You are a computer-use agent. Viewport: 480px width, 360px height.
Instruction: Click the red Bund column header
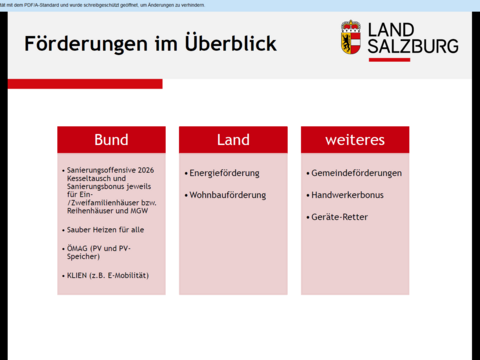[111, 140]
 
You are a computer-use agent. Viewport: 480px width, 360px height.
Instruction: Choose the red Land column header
[233, 140]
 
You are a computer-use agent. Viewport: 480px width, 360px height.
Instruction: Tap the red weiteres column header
[355, 140]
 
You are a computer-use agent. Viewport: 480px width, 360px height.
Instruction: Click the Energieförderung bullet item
[224, 173]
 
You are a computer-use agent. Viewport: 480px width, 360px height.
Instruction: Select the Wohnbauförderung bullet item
[227, 194]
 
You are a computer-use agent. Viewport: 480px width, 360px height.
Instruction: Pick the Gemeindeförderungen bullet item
[356, 173]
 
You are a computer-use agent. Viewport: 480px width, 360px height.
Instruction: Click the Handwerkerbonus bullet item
[350, 194]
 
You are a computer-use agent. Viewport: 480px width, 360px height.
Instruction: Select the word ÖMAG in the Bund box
[78, 247]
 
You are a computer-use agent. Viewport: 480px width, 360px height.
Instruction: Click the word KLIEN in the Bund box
[79, 274]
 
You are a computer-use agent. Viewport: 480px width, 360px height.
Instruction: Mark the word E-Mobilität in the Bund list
[131, 274]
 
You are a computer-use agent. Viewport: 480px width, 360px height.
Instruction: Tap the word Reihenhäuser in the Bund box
[90, 211]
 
